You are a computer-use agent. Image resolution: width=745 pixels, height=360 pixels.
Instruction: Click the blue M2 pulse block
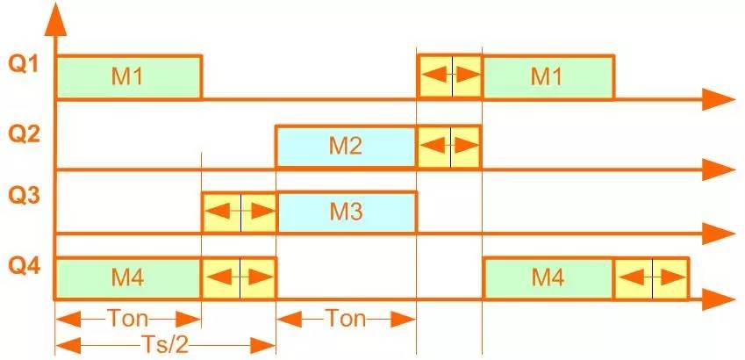click(346, 147)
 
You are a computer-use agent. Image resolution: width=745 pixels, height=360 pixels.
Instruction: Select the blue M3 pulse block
click(346, 212)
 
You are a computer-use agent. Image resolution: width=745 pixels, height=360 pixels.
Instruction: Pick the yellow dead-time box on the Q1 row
click(449, 77)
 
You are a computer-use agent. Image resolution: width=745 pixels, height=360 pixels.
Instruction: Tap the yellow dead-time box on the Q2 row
click(449, 147)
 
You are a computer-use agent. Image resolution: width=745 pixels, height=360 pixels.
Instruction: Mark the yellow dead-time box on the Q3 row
click(239, 212)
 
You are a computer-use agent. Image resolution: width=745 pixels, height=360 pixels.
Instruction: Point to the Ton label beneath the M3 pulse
click(345, 318)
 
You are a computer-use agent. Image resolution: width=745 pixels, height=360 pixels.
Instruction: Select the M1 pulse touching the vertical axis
click(129, 77)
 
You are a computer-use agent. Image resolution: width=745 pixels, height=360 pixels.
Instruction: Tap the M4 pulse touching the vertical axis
click(129, 278)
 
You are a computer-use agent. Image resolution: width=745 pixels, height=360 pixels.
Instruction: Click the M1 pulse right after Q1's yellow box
click(547, 77)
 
